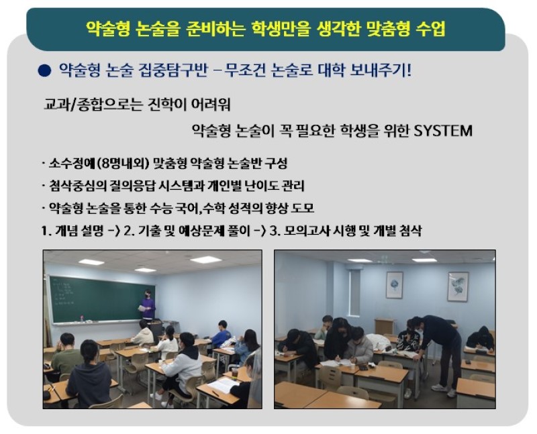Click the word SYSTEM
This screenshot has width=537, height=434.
[x=443, y=130]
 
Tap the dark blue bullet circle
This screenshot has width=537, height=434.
[x=45, y=70]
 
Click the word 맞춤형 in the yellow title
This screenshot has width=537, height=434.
[x=388, y=28]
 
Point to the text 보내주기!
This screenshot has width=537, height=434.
[x=380, y=70]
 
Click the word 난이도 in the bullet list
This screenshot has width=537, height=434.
[x=261, y=186]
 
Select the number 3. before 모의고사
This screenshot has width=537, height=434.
[x=273, y=231]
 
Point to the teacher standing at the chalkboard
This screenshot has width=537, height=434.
[x=147, y=305]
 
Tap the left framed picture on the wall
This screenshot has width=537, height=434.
[x=394, y=285]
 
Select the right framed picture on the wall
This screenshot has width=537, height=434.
[x=458, y=287]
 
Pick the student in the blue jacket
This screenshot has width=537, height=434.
[x=222, y=333]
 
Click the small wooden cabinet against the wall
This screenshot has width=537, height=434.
[x=385, y=326]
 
